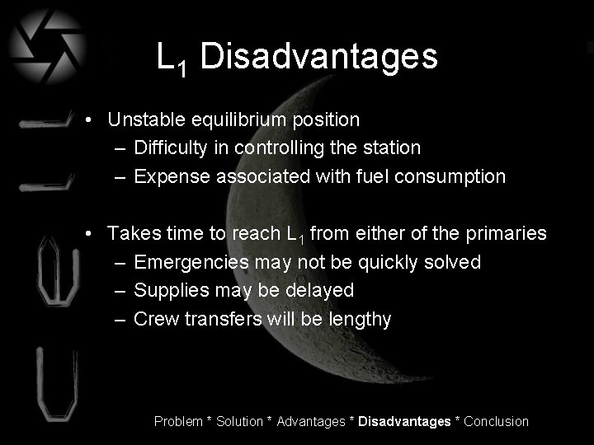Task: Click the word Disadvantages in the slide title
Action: coord(318,57)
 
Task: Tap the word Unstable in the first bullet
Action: coord(144,119)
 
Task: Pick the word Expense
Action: coord(168,176)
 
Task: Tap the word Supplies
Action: coord(169,290)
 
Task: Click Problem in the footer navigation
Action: coord(178,421)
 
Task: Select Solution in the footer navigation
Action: coord(240,421)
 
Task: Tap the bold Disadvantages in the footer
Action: coord(405,421)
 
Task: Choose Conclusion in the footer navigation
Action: coord(497,421)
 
